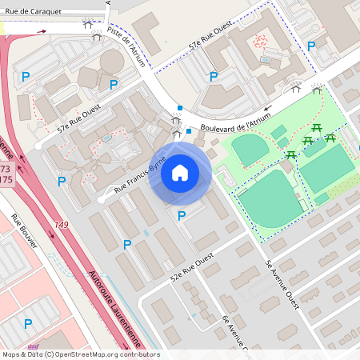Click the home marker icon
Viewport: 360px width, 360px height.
180,173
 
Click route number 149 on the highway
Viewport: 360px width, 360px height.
61,225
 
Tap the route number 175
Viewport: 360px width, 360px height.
6,180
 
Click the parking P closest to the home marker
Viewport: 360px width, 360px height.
181,216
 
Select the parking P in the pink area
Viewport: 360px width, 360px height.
28,323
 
